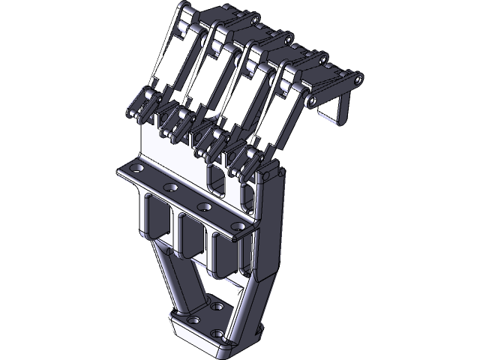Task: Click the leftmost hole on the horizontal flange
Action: click(x=136, y=171)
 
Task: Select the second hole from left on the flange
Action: click(x=171, y=188)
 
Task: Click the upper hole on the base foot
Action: click(x=217, y=306)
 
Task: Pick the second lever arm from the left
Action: click(x=208, y=78)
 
